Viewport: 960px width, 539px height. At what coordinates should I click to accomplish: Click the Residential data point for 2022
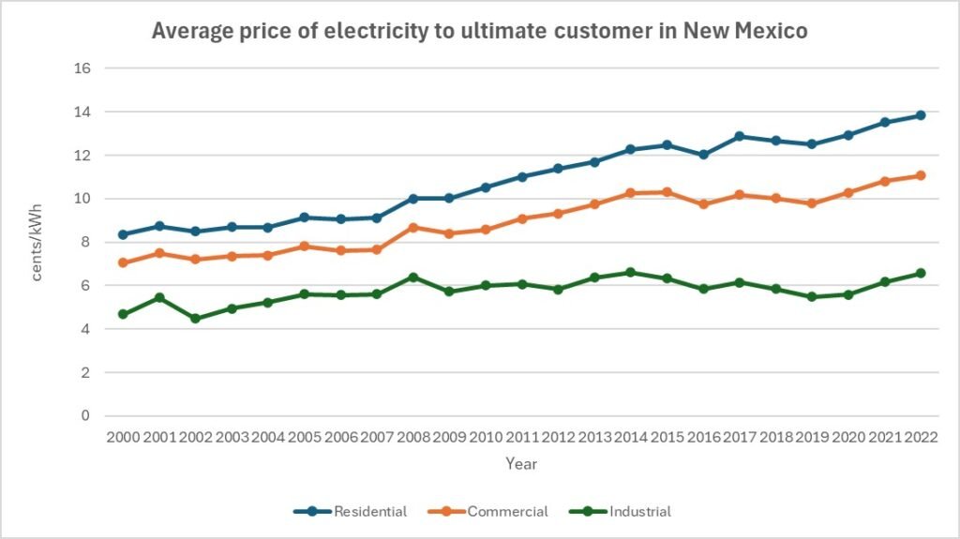[921, 115]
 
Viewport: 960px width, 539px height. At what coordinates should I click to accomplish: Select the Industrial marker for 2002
[195, 319]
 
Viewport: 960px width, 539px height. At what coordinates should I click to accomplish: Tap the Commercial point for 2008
[412, 227]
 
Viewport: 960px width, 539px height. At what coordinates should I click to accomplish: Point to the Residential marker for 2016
[703, 155]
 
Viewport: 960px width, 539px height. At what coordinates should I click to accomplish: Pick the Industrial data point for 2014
[631, 273]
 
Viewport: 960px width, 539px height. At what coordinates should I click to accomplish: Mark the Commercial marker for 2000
[123, 262]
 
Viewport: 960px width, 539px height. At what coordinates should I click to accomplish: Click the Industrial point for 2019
[812, 297]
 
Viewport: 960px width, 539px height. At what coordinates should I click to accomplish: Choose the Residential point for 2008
[412, 199]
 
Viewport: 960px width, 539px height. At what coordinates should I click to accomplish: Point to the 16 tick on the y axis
[82, 68]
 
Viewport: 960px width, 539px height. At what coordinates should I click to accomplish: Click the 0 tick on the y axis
[85, 415]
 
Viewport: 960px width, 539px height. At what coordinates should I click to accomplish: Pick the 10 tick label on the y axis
[82, 199]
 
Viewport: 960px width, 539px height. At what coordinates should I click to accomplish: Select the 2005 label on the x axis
[304, 437]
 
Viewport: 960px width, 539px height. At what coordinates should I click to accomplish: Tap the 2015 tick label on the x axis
[667, 437]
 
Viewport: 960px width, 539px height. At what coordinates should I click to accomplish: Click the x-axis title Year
[521, 464]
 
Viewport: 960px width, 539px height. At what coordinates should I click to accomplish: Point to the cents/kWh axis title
[38, 242]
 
